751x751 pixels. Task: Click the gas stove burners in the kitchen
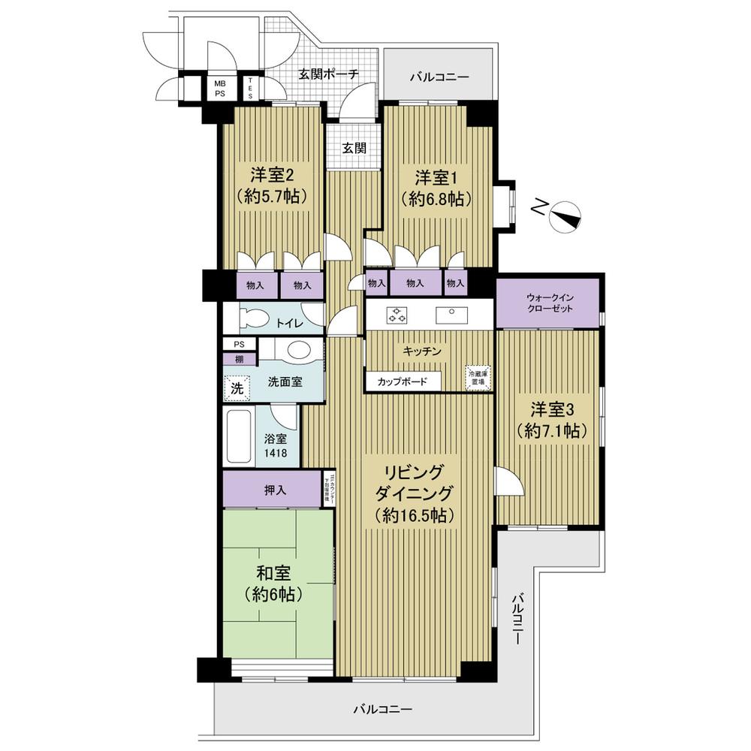click(397, 315)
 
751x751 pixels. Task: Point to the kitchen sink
click(451, 314)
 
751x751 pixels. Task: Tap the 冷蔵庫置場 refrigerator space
click(477, 377)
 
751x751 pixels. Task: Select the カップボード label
click(403, 382)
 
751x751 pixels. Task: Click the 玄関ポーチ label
click(327, 74)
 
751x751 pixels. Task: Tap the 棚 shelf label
click(238, 358)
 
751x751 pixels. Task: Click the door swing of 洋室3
click(506, 481)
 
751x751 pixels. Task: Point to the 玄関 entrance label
click(354, 148)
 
